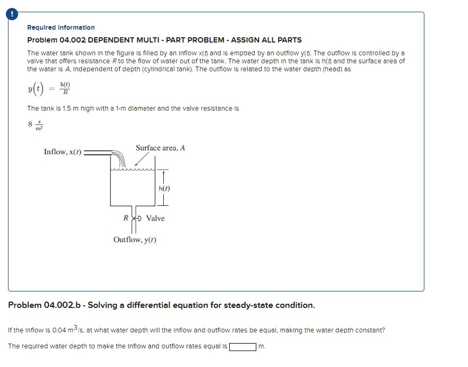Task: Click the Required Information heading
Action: (x=61, y=28)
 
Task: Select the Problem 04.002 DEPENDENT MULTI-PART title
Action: (x=164, y=40)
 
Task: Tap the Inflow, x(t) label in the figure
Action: (x=63, y=152)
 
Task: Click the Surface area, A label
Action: (x=160, y=148)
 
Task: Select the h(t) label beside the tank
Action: (x=164, y=188)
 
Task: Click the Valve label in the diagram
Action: (x=155, y=218)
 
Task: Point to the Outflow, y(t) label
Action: (x=135, y=240)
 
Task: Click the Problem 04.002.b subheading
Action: (x=162, y=305)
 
